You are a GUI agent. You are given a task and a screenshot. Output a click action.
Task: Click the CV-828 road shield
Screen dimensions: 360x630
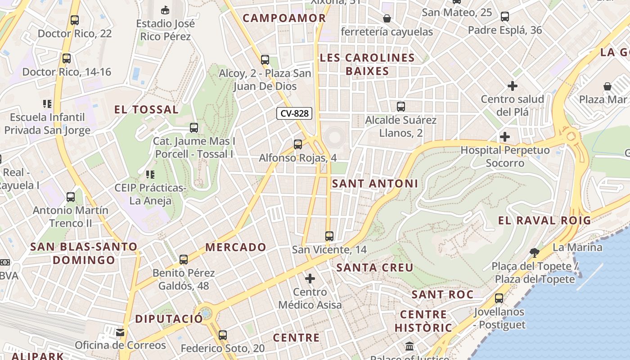click(294, 113)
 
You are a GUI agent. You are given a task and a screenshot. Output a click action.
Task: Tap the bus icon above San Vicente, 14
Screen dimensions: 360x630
click(329, 236)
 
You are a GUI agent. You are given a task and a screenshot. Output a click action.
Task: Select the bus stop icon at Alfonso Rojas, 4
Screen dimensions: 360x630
click(298, 144)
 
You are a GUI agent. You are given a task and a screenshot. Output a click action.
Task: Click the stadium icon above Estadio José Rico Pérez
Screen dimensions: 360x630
click(165, 9)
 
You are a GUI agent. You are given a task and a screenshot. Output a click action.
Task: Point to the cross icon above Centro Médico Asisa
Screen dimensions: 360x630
click(310, 279)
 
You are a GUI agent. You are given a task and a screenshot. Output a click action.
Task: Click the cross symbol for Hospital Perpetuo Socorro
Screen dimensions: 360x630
click(505, 136)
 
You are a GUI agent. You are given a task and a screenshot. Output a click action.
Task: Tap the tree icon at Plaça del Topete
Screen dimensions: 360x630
click(535, 252)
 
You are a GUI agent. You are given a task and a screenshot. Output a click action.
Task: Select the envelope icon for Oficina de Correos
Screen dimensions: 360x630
click(120, 333)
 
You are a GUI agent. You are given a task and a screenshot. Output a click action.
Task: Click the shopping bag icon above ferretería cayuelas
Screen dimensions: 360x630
click(387, 18)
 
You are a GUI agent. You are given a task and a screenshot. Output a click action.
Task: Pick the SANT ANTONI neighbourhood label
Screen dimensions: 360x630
click(375, 184)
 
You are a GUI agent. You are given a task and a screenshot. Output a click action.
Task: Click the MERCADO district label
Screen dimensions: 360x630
click(236, 247)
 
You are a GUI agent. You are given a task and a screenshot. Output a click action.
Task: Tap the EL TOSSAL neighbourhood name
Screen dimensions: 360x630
click(146, 109)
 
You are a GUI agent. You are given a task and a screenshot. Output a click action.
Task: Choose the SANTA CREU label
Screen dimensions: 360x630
click(375, 268)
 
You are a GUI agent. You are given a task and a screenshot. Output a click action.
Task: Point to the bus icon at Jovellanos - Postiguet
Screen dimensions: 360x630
click(499, 298)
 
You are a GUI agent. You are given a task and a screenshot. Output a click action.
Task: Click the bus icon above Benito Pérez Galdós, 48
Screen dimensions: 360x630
click(184, 260)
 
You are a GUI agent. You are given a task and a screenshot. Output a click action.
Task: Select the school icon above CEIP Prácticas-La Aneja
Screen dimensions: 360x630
click(150, 174)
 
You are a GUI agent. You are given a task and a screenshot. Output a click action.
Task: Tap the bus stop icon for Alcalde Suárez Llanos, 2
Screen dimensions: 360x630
click(401, 107)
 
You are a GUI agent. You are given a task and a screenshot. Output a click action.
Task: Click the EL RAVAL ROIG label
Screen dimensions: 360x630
click(544, 220)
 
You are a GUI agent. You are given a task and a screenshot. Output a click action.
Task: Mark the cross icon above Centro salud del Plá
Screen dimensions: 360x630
click(512, 85)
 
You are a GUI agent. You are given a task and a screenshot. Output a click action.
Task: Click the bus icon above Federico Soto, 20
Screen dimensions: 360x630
click(223, 335)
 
